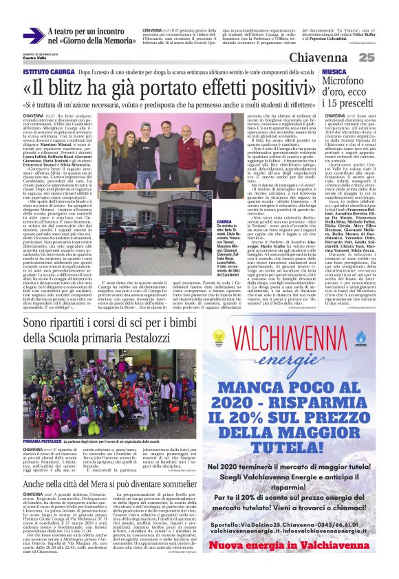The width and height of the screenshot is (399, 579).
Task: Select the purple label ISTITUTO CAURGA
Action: click(x=48, y=72)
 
